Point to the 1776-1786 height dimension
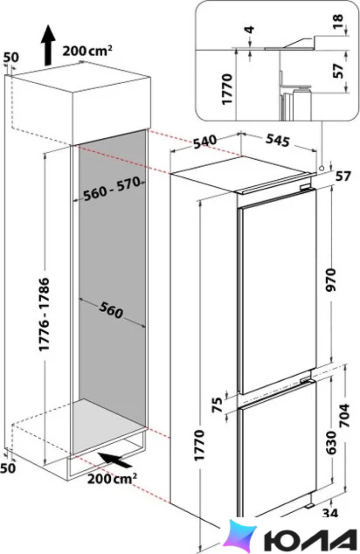coord(44,314)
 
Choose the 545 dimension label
coord(278,141)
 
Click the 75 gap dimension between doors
coord(219,405)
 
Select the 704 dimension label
coord(343,415)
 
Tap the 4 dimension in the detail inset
coord(250,30)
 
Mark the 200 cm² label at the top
coord(88,51)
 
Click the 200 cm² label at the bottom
coord(112,479)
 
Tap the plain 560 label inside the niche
coord(111,310)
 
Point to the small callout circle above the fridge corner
coord(321,168)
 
